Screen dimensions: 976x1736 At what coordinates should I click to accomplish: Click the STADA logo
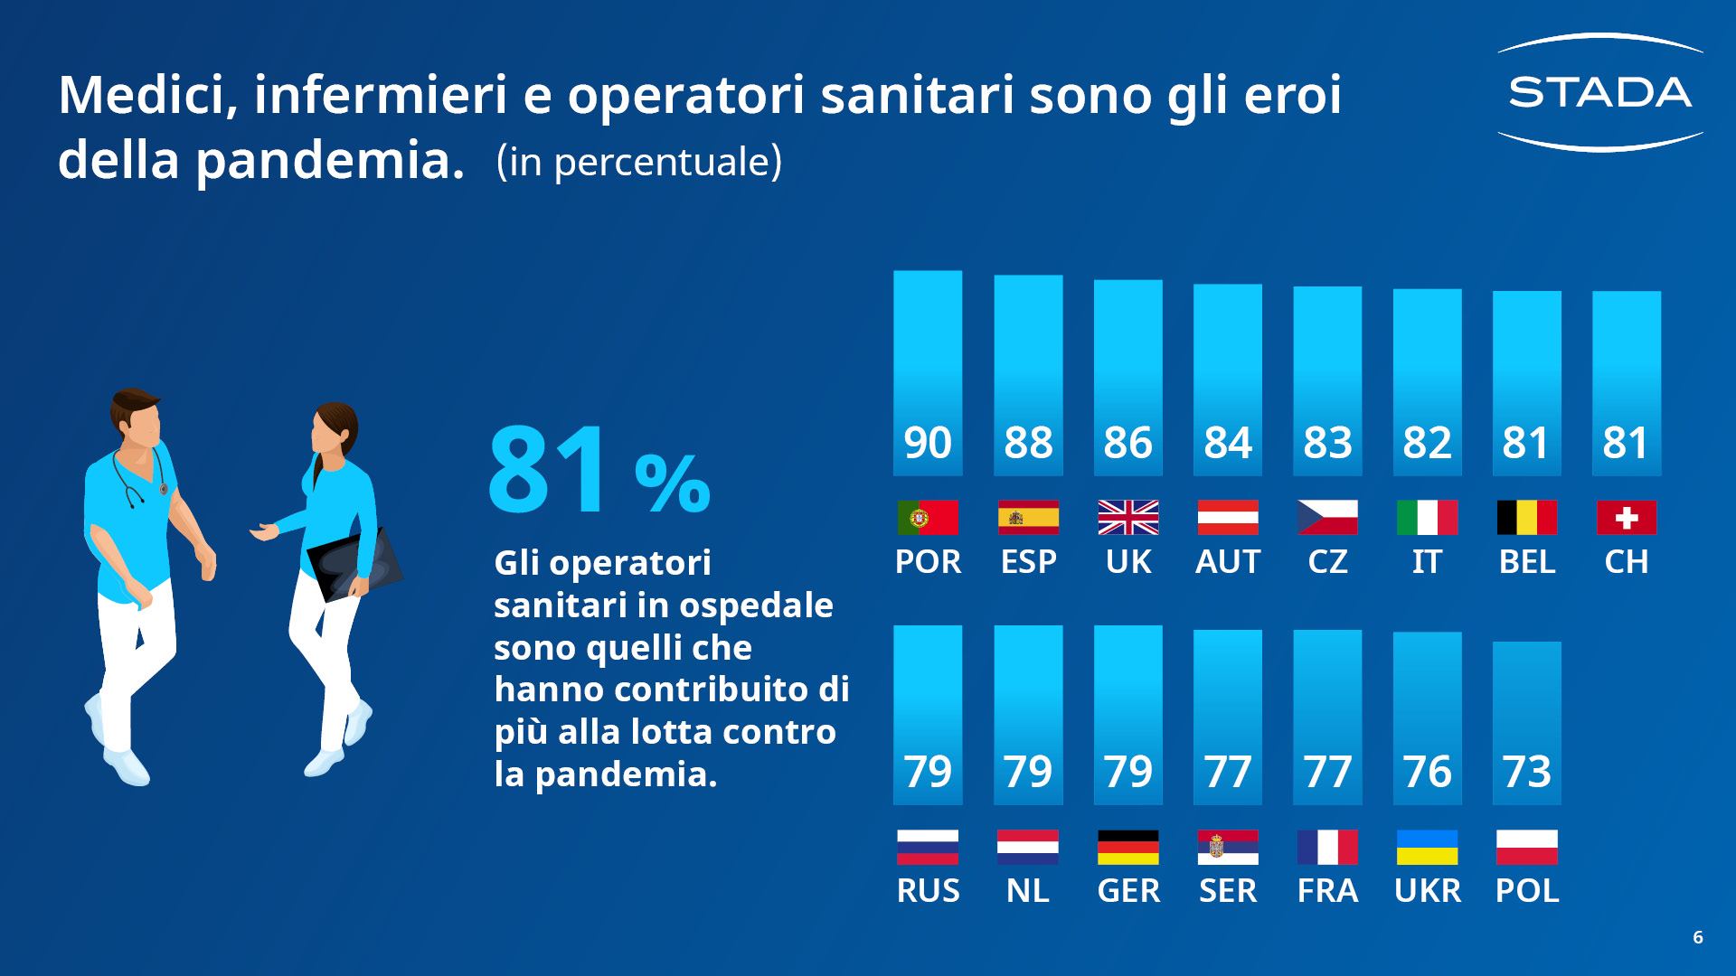point(1599,92)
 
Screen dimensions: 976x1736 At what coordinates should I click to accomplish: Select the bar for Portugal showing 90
point(928,372)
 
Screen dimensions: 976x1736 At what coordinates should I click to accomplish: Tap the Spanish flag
point(1028,518)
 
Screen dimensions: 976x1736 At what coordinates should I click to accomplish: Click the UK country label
point(1127,562)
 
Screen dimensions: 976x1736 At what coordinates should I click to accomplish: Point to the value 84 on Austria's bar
point(1227,443)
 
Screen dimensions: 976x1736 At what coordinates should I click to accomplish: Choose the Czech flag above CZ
point(1327,518)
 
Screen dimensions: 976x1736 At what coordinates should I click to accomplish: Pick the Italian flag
point(1427,518)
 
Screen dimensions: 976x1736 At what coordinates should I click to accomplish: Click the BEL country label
point(1526,562)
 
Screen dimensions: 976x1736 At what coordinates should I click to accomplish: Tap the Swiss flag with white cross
point(1626,518)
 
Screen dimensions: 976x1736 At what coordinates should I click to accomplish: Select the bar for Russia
point(928,714)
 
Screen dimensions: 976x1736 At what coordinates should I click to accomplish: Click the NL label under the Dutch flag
point(1028,891)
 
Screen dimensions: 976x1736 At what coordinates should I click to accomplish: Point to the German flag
point(1127,848)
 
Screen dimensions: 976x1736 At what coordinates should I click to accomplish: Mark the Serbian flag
point(1227,848)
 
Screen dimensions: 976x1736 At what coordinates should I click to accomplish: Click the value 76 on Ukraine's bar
point(1427,772)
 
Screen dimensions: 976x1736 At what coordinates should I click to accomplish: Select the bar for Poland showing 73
point(1526,723)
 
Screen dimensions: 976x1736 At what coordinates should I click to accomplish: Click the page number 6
point(1698,937)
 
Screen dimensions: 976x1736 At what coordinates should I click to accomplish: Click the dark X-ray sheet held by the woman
point(354,565)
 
